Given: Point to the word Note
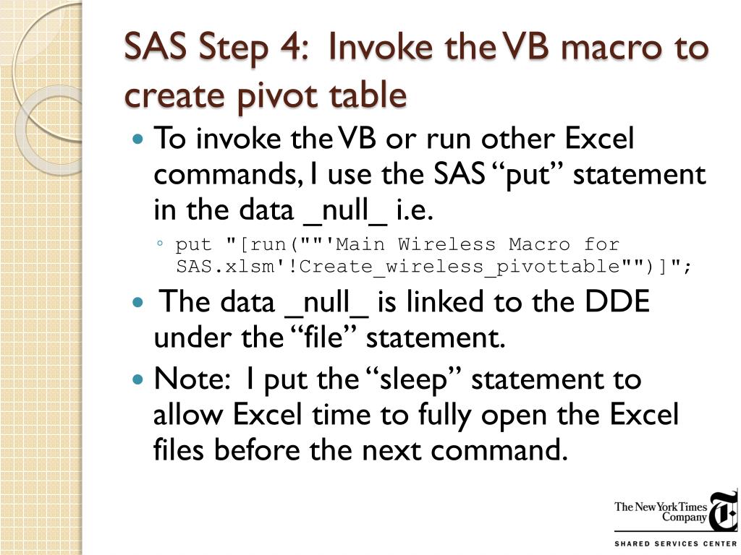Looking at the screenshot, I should tap(189, 379).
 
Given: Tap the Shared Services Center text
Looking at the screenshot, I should tap(674, 543).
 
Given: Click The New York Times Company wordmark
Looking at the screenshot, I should tap(661, 512).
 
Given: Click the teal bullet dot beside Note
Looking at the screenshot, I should tap(140, 379).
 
